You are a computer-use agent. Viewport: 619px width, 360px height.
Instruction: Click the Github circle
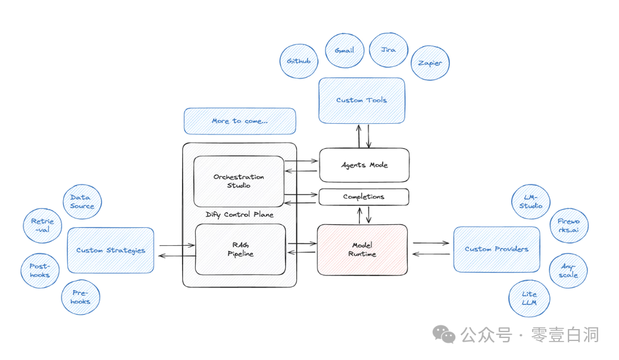[299, 61]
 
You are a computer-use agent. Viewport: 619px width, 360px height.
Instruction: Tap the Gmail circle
[345, 51]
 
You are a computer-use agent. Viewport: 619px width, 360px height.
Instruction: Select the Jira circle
[388, 50]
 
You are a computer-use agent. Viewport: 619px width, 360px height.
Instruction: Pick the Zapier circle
[430, 63]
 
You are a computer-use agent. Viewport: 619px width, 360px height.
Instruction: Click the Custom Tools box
[361, 100]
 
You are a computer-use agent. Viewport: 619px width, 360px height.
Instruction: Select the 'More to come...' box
[239, 121]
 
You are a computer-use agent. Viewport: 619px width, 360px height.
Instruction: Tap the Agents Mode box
[364, 165]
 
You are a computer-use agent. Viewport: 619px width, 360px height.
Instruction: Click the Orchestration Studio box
[239, 181]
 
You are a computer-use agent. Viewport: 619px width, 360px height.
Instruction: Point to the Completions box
[364, 196]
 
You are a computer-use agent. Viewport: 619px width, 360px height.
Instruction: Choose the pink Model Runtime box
[362, 249]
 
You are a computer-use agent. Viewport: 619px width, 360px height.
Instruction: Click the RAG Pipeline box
[240, 249]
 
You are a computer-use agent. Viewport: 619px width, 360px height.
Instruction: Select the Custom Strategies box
[111, 250]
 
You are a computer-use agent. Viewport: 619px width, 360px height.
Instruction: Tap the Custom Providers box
[496, 249]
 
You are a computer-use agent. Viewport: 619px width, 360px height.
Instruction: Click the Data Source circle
[82, 202]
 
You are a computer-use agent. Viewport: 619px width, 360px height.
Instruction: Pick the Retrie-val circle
[42, 226]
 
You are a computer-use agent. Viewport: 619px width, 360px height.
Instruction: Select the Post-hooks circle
[40, 271]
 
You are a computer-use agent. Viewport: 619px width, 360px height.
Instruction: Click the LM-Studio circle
[531, 202]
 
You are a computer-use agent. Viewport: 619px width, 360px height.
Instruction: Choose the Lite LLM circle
[529, 298]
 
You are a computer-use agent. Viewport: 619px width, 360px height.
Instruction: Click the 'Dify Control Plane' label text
[239, 215]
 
